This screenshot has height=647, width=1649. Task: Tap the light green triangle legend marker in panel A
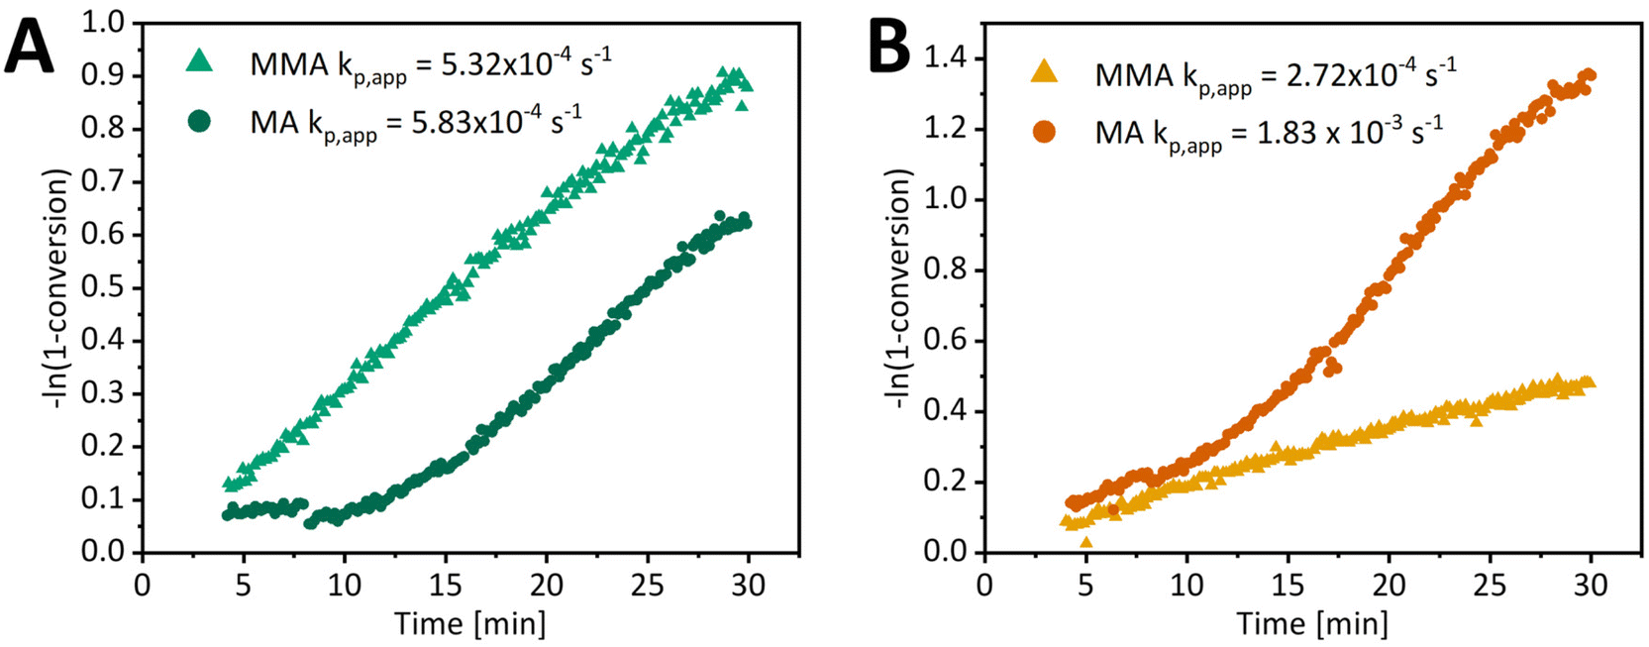pos(200,61)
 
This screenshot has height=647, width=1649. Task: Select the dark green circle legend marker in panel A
pos(200,122)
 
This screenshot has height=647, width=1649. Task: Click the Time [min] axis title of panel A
pos(469,624)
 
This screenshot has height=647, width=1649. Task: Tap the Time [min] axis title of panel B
pos(1311,624)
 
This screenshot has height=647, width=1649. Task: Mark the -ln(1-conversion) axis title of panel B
pos(898,287)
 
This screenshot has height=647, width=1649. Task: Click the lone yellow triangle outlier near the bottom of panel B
pos(1086,542)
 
